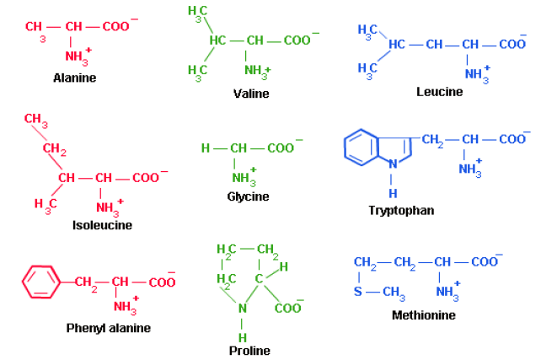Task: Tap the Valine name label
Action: [251, 94]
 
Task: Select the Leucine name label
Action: [440, 91]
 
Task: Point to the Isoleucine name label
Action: [102, 225]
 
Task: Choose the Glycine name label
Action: [248, 196]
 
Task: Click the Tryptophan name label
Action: [401, 210]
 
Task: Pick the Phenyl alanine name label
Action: [109, 328]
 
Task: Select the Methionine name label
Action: [424, 315]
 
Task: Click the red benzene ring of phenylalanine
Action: [40, 281]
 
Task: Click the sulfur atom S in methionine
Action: [358, 292]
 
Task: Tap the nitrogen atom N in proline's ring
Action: [243, 309]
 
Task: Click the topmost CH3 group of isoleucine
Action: [35, 120]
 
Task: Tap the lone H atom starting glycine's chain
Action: [205, 148]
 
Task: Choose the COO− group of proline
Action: [288, 309]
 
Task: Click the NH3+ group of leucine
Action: [476, 73]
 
